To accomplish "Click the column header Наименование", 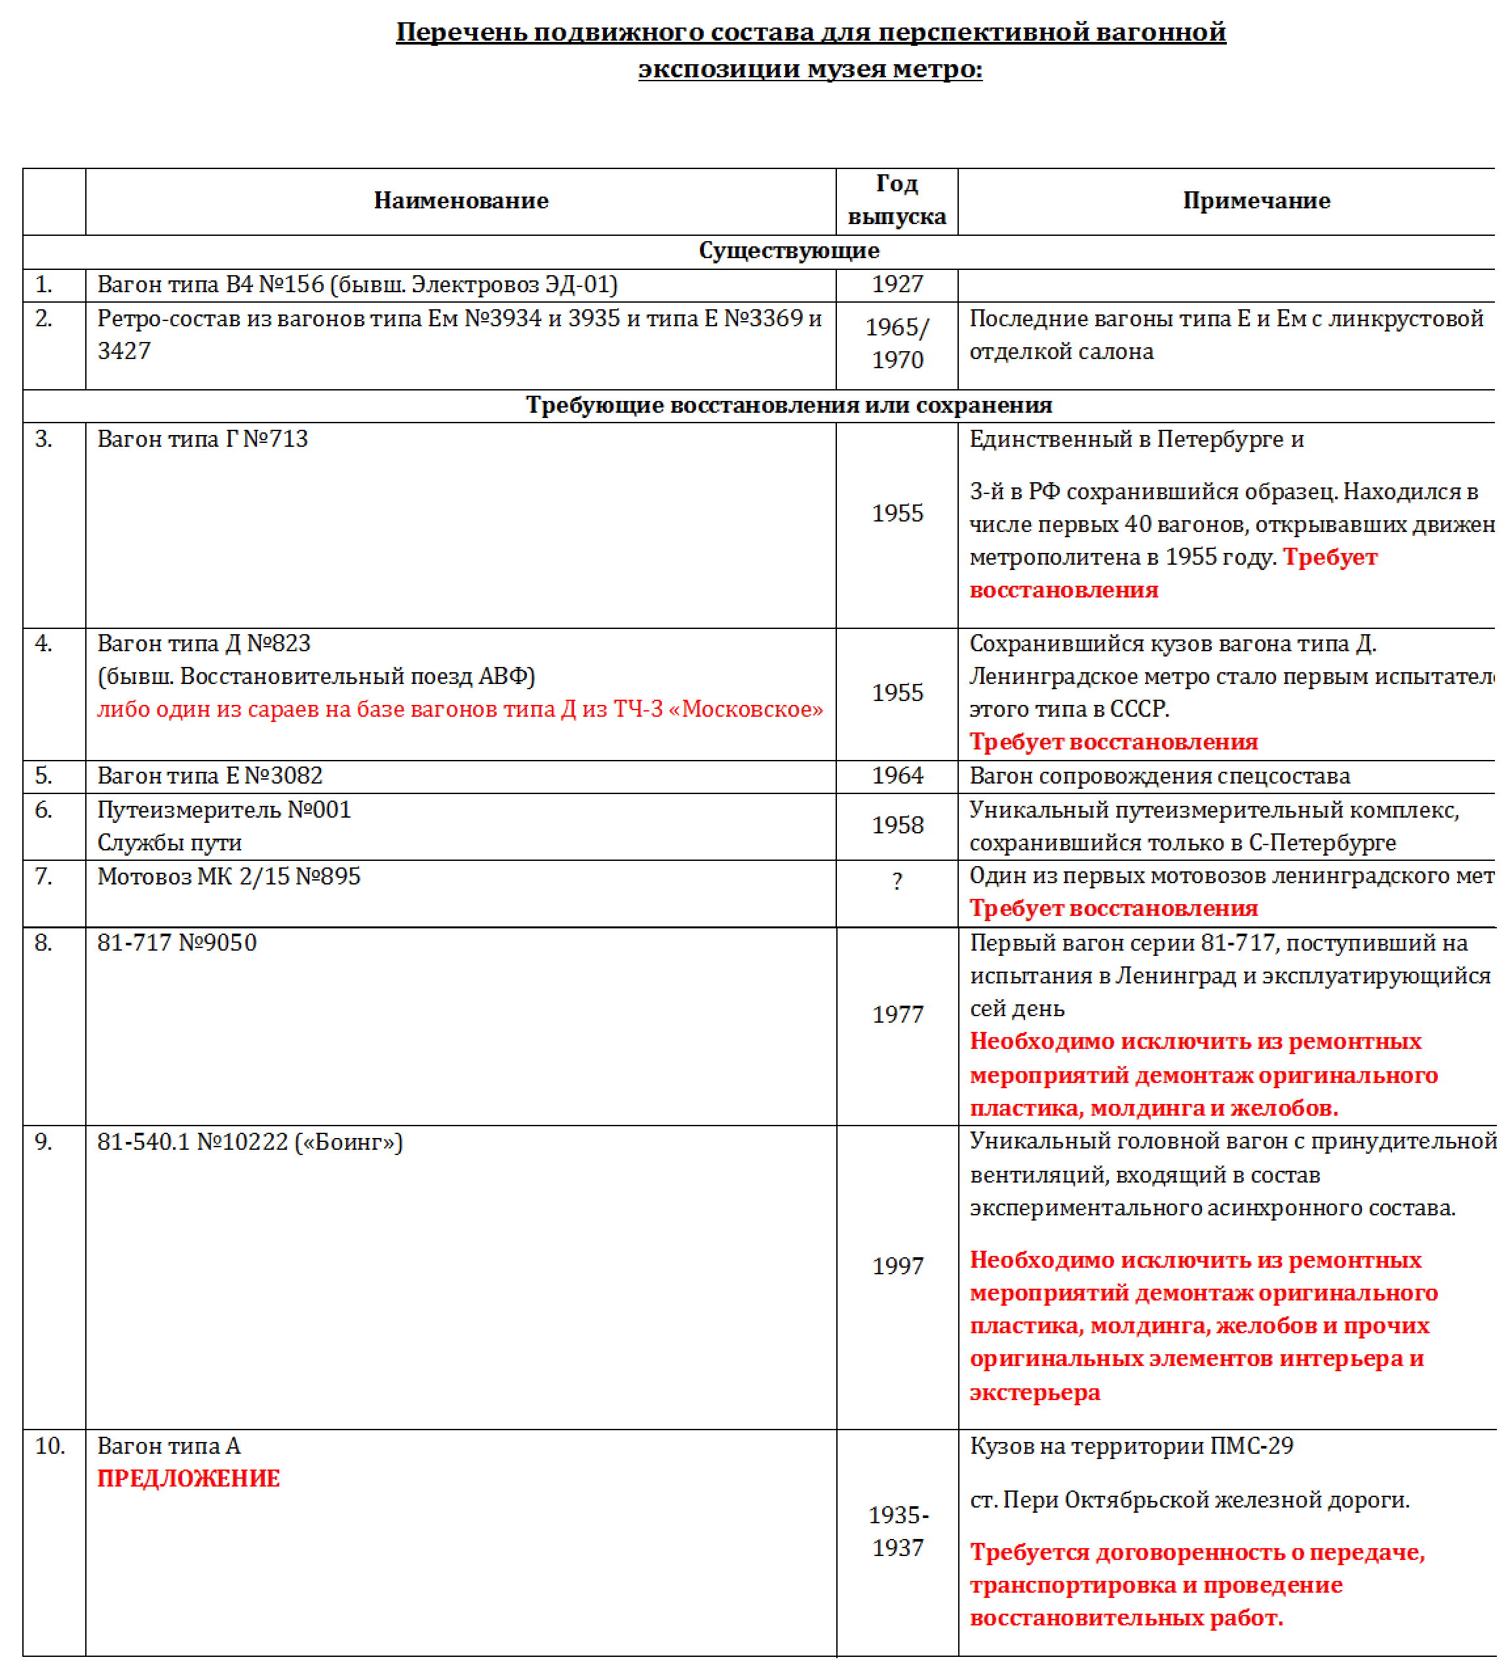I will click(x=461, y=200).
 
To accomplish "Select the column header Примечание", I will click(x=1256, y=200).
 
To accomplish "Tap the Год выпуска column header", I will click(x=897, y=200).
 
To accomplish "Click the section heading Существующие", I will click(x=788, y=250).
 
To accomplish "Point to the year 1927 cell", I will click(x=897, y=284).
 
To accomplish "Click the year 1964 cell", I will click(x=897, y=775).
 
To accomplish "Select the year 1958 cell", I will click(x=897, y=825).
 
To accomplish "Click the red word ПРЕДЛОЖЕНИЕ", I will click(x=189, y=1479).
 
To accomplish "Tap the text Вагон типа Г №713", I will click(x=203, y=439).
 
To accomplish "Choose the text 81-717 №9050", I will click(x=176, y=943).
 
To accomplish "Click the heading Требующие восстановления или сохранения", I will click(x=788, y=405).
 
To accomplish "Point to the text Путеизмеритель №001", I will click(x=223, y=809).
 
